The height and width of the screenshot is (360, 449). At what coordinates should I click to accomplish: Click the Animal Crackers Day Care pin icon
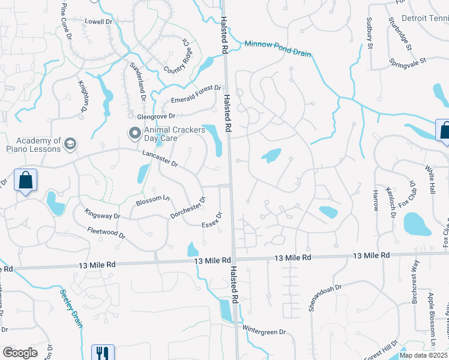point(135,131)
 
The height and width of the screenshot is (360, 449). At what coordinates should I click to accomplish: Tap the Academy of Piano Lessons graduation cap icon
point(71,143)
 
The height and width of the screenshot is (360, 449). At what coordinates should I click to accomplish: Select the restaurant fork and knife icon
point(101,352)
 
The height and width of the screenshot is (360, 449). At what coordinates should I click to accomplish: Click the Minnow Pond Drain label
point(277,49)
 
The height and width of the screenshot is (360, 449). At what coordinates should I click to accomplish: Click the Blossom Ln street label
point(152,199)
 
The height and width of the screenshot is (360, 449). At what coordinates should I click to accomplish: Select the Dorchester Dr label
point(188,208)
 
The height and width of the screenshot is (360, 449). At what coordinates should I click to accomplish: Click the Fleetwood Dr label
point(106,232)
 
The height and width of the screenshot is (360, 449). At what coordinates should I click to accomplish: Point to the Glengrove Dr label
point(155,116)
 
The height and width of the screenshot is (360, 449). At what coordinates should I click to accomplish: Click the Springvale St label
point(407,61)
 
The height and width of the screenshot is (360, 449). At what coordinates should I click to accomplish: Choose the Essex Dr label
point(212,221)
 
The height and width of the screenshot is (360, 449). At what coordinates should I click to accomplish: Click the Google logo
point(19,353)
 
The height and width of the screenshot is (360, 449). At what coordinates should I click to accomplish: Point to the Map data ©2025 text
point(423,355)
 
